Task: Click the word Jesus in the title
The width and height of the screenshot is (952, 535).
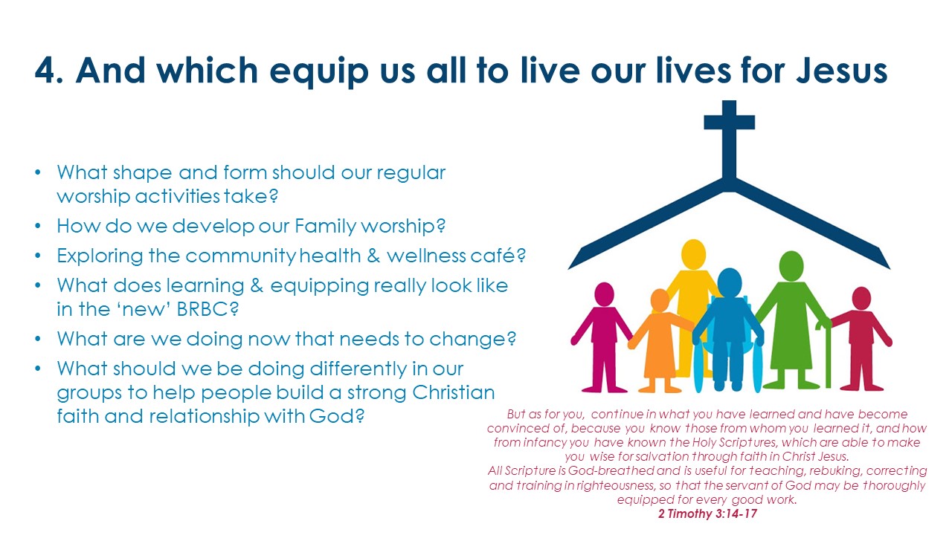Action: click(x=841, y=70)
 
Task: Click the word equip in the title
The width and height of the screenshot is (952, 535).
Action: click(x=319, y=72)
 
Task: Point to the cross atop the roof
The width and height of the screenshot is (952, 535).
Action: click(x=730, y=140)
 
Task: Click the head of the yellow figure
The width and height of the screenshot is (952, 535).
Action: click(x=694, y=254)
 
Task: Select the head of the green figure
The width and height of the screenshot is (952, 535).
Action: click(x=791, y=266)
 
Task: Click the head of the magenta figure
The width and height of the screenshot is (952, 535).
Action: click(x=604, y=294)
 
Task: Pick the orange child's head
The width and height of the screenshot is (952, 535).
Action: click(x=660, y=300)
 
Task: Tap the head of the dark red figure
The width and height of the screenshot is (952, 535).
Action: click(x=861, y=298)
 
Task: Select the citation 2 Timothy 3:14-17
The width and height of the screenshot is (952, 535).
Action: click(x=707, y=513)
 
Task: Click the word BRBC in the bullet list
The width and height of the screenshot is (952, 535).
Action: click(x=208, y=309)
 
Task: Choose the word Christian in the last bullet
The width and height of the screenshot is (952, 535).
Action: click(x=454, y=392)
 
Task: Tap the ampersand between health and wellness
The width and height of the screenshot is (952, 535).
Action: click(x=373, y=256)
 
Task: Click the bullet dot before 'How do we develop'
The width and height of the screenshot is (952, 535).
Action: click(x=38, y=226)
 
